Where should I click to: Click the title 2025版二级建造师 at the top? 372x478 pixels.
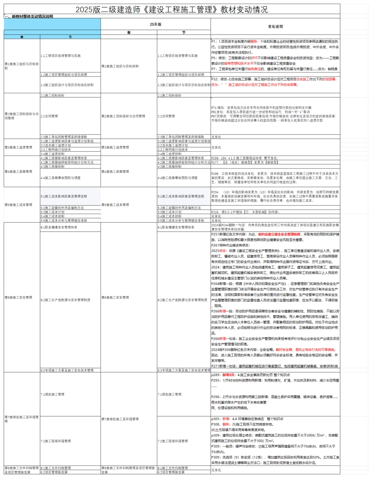click(172, 10)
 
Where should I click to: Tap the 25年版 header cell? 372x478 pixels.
click(155, 24)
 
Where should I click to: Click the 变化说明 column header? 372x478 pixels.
click(275, 27)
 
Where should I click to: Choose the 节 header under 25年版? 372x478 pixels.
click(184, 33)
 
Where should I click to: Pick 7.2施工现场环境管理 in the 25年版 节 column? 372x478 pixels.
click(173, 441)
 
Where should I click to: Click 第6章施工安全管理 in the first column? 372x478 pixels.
click(18, 297)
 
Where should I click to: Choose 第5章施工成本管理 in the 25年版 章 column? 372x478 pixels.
click(116, 205)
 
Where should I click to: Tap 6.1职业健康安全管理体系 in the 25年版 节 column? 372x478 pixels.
click(175, 227)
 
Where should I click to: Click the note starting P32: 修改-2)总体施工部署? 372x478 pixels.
click(274, 81)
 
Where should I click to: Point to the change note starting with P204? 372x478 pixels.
click(274, 196)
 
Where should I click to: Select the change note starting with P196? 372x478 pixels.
click(274, 177)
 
